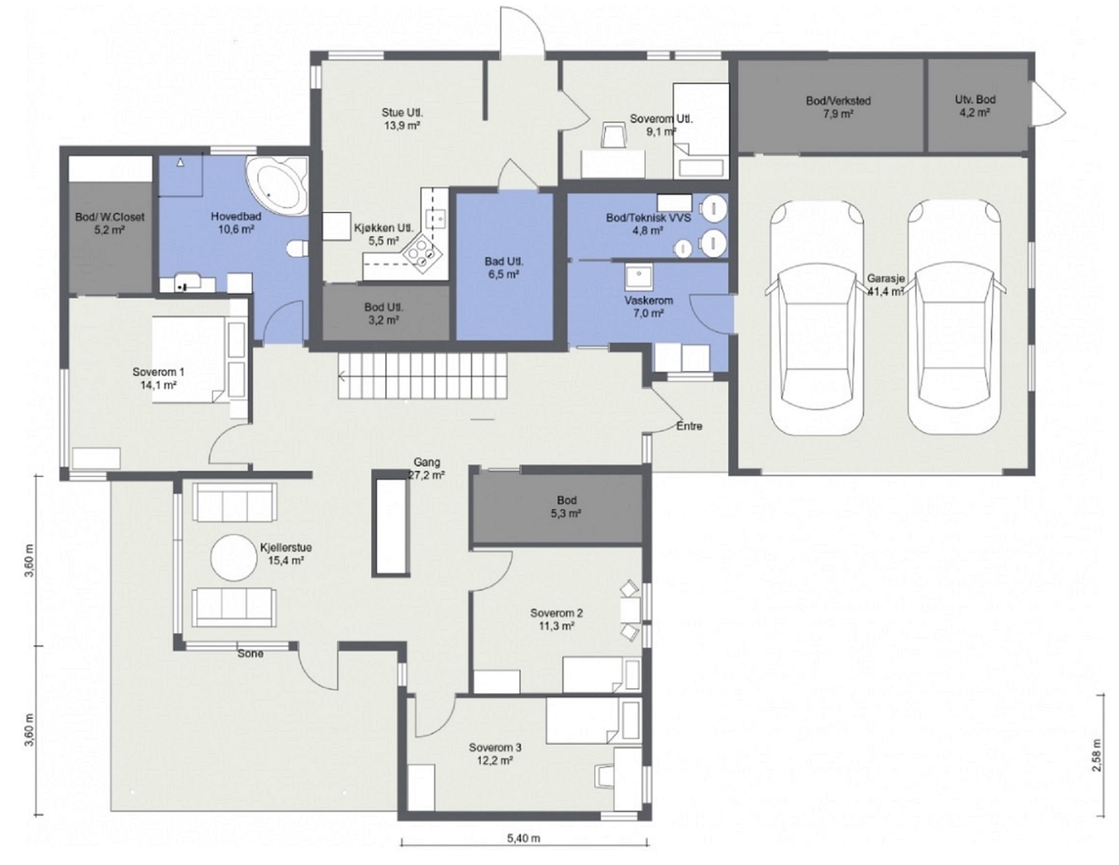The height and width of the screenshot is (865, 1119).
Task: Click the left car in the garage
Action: click(815, 317)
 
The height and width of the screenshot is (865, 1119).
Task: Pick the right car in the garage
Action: click(954, 317)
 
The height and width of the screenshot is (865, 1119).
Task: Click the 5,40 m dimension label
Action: click(524, 838)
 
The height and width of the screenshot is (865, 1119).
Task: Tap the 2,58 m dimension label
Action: click(1097, 755)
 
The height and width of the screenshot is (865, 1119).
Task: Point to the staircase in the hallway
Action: click(422, 375)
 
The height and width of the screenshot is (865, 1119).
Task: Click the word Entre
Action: click(689, 426)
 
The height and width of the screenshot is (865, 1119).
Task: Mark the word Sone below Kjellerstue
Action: click(250, 653)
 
